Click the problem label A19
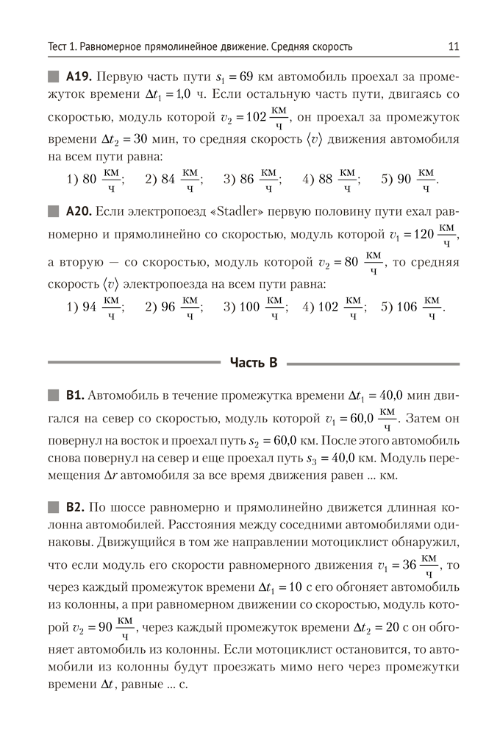coord(77,77)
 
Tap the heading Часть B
coord(253,361)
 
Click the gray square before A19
coord(54,77)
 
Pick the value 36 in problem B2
coord(413,567)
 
